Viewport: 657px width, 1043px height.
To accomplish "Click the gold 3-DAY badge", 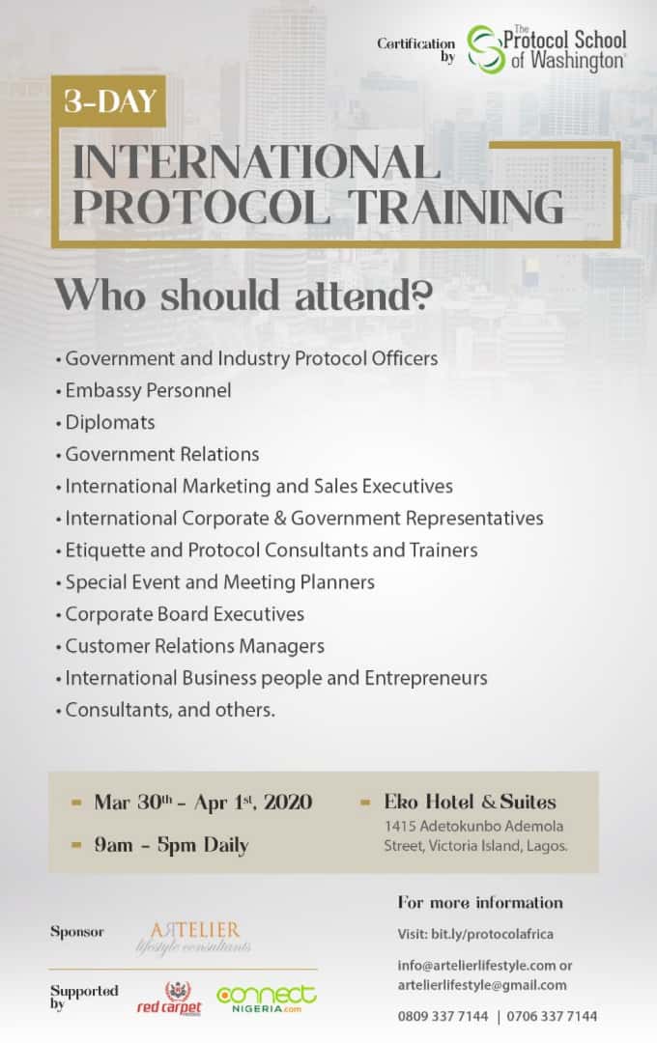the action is (x=108, y=101).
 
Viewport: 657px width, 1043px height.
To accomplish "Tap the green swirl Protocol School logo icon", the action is (x=486, y=49).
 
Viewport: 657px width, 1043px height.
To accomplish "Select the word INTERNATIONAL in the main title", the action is (x=256, y=161).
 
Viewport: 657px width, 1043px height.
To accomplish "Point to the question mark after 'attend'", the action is (x=422, y=296).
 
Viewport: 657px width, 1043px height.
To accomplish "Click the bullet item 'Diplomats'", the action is (x=110, y=422).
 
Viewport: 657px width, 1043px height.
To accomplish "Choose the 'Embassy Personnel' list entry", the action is (x=148, y=390).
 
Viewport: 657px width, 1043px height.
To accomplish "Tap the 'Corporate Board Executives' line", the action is (x=185, y=614).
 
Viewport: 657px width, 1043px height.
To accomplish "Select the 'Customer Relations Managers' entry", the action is (x=194, y=646).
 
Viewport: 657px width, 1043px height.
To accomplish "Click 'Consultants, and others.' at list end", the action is (x=170, y=710).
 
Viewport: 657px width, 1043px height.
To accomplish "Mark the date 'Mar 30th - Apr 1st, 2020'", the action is (x=203, y=803).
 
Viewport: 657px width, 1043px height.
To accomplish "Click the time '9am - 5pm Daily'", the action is (x=171, y=845).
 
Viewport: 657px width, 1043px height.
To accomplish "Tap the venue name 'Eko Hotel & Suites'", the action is (x=470, y=802).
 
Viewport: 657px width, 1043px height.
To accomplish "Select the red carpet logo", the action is (x=169, y=999).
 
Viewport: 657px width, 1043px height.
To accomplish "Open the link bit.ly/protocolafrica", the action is (x=492, y=934).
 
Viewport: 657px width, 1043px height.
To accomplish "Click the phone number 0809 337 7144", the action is (x=443, y=1016).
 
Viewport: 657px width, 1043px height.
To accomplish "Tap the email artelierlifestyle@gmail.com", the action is (x=482, y=985).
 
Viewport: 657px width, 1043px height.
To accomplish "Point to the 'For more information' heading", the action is (x=480, y=903).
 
